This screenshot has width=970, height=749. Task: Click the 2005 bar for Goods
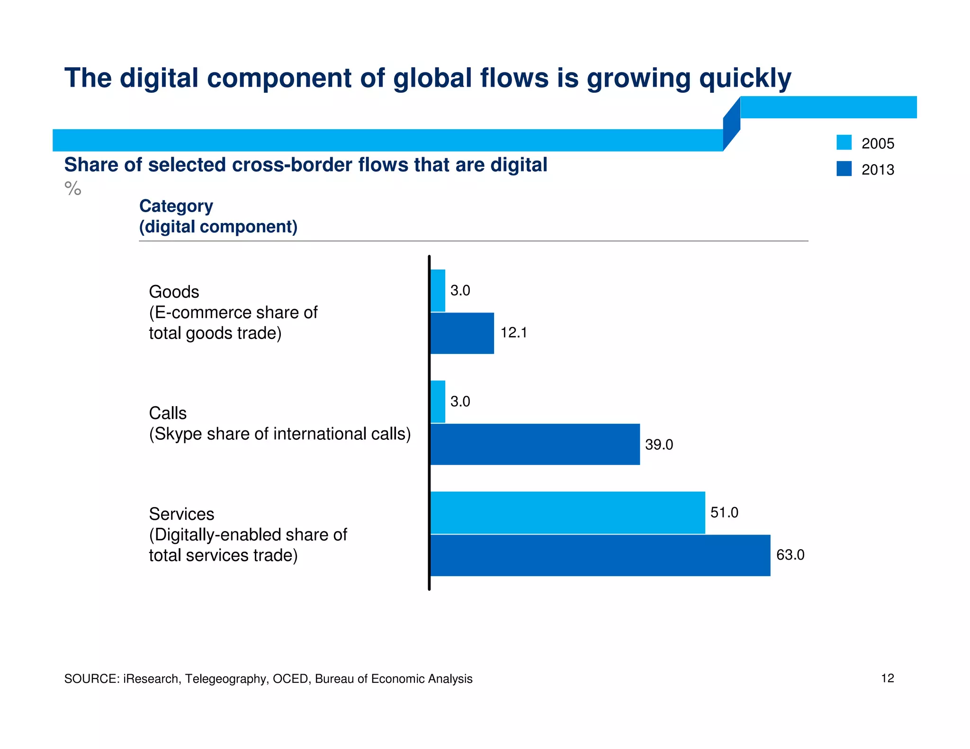click(438, 290)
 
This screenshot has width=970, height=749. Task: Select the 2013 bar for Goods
click(462, 333)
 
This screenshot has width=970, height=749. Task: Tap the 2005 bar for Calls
click(438, 401)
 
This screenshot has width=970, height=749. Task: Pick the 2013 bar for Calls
click(535, 444)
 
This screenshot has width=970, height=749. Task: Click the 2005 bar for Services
click(567, 512)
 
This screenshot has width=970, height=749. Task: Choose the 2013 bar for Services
click(600, 555)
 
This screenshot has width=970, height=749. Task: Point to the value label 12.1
click(513, 333)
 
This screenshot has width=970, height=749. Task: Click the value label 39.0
click(659, 445)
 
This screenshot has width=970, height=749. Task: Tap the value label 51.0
click(724, 512)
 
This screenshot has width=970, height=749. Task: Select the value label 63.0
click(790, 555)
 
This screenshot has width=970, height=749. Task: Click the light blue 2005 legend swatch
click(844, 143)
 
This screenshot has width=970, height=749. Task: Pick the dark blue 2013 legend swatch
click(844, 169)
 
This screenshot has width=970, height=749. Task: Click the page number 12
click(887, 678)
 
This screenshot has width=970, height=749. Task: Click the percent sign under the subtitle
click(73, 188)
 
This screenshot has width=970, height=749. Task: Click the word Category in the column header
click(176, 206)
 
